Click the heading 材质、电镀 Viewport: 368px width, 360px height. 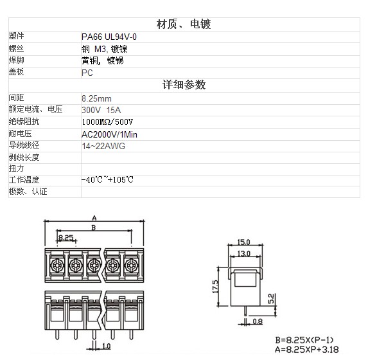(x=184, y=24)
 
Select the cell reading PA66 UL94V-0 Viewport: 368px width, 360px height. (x=109, y=37)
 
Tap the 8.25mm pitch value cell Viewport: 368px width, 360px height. (x=96, y=99)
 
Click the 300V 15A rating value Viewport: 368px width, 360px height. (x=101, y=110)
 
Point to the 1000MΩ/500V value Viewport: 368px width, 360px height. (x=107, y=122)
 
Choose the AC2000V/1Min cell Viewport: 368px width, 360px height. (x=109, y=134)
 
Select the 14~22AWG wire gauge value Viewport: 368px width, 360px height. (x=103, y=146)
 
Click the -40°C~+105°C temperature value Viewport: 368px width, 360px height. (x=107, y=180)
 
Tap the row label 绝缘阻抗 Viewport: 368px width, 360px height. (x=24, y=122)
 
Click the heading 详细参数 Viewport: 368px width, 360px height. (x=184, y=85)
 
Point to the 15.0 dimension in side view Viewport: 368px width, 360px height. (x=243, y=242)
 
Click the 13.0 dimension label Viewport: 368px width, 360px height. (x=244, y=254)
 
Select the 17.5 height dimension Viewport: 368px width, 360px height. (x=215, y=287)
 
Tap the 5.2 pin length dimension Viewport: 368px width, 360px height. (x=271, y=298)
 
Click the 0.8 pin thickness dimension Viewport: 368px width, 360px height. (x=258, y=321)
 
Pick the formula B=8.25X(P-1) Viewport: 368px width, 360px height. (x=304, y=340)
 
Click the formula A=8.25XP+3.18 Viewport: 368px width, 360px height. (x=307, y=350)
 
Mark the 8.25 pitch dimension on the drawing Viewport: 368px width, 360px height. (x=66, y=238)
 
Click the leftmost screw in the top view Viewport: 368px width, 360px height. (x=57, y=265)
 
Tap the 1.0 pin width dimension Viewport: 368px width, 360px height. (x=107, y=346)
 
